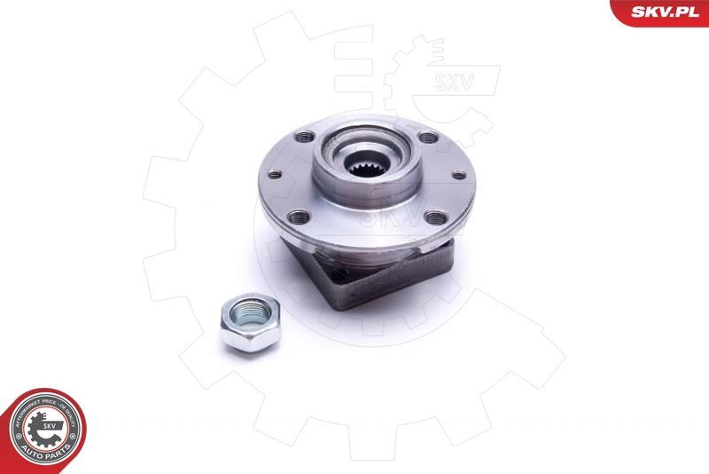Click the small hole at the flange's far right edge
pyautogui.click(x=459, y=175)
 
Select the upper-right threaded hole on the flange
pyautogui.click(x=429, y=138)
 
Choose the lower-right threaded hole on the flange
pyautogui.click(x=433, y=216)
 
